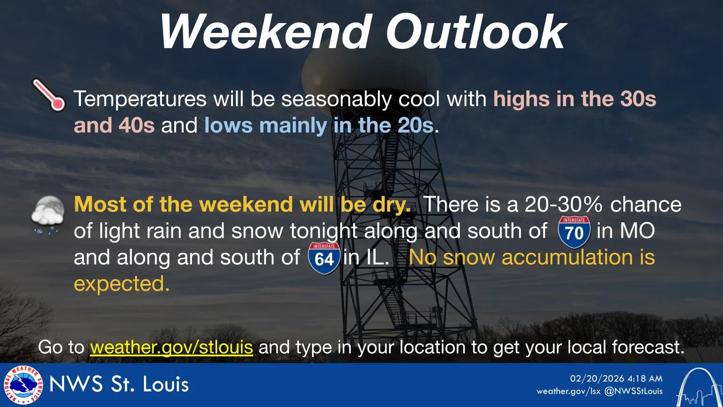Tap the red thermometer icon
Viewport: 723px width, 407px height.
click(49, 95)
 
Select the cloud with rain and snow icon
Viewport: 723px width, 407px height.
click(48, 215)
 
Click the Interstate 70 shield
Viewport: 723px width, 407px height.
click(574, 232)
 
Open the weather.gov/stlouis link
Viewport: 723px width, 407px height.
click(171, 347)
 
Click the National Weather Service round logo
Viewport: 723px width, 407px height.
click(23, 385)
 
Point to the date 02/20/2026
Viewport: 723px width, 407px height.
click(596, 379)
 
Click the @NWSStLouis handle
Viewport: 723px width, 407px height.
click(633, 391)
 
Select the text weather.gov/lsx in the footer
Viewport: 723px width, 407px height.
click(569, 391)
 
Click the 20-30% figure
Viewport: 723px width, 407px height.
click(563, 204)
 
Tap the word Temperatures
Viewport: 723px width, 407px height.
click(140, 99)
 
